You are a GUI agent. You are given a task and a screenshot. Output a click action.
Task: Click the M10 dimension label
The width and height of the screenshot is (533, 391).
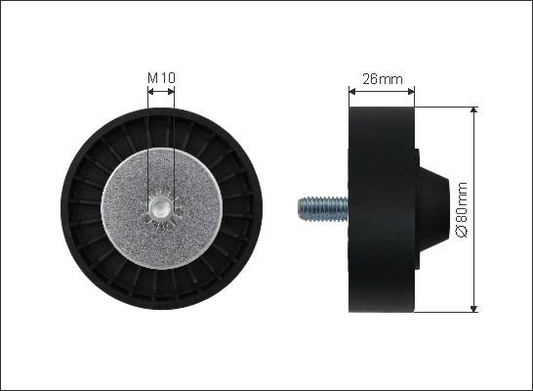point(161,78)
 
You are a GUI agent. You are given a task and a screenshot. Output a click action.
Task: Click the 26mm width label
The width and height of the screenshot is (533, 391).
point(383,79)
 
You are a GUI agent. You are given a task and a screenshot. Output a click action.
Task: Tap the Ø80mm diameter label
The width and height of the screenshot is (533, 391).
point(462,209)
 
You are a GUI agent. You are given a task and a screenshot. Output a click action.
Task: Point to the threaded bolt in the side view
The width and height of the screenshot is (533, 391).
point(323,209)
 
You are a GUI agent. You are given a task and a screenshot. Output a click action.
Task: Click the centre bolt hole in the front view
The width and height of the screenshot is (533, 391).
point(159,207)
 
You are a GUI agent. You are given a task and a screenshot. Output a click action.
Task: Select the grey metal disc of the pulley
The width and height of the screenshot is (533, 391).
point(162,208)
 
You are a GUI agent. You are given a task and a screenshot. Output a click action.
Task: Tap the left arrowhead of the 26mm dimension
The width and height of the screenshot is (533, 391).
point(352,91)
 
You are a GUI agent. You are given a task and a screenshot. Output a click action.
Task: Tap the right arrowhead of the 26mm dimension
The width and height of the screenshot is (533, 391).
point(411,91)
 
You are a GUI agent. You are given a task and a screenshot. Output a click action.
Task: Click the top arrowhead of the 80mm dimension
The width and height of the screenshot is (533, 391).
point(473,109)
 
